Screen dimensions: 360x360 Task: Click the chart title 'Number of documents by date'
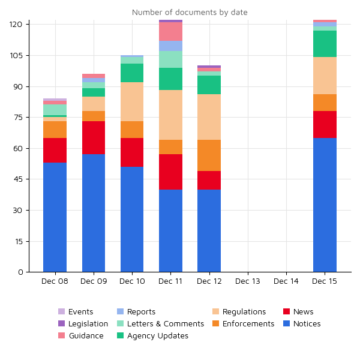click(190, 13)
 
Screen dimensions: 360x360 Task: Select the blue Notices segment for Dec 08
click(55, 217)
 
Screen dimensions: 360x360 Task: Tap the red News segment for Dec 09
click(94, 138)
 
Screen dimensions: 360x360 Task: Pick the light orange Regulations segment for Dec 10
click(132, 102)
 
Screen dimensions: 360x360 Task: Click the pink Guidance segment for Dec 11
click(170, 32)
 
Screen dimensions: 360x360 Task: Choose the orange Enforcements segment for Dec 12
click(209, 155)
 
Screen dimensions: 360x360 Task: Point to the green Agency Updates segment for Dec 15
click(325, 44)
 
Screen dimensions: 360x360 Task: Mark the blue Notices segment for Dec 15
click(325, 205)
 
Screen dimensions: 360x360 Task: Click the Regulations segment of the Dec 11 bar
click(170, 115)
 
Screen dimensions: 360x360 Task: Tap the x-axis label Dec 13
click(248, 281)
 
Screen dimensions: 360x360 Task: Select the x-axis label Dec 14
click(286, 281)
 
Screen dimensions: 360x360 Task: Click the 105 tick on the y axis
click(16, 56)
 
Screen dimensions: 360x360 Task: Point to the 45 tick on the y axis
click(19, 179)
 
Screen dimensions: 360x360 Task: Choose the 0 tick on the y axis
click(20, 272)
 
